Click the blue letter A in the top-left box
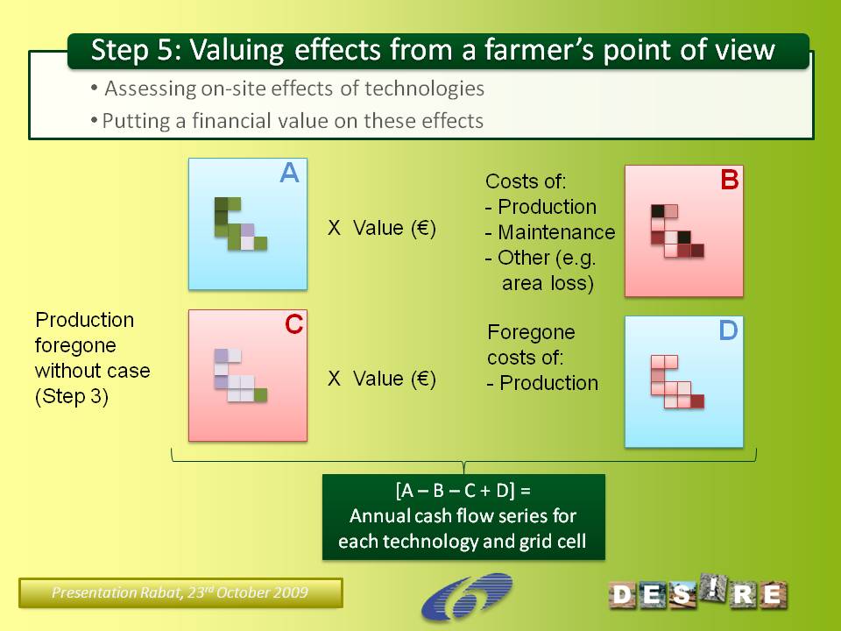click(290, 173)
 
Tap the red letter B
click(730, 179)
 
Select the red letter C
click(294, 324)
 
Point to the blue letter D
click(728, 330)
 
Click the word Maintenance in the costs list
click(556, 231)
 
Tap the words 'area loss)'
click(548, 283)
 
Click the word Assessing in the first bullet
click(150, 89)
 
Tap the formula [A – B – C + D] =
click(463, 491)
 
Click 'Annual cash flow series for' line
click(463, 515)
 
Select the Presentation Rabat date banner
click(180, 593)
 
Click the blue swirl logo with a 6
click(467, 597)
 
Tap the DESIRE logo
click(698, 592)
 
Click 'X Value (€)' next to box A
click(381, 228)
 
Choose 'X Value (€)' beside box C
click(381, 379)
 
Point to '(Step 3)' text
click(72, 396)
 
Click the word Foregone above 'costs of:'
click(531, 332)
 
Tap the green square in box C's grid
click(260, 395)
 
